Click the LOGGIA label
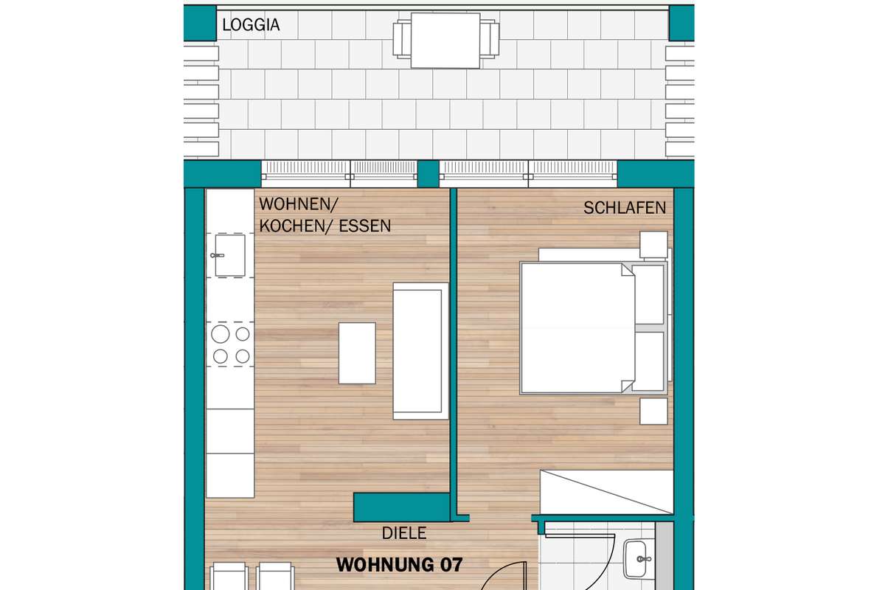coord(251,25)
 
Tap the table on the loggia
coord(445,41)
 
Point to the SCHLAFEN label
coord(625,208)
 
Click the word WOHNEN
coord(296,204)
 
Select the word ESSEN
coord(364,226)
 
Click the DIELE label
coord(404,533)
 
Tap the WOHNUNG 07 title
coord(399,565)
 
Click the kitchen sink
coord(230,255)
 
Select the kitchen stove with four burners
coord(230,344)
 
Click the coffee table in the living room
coord(357,353)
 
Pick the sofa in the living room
coord(421,351)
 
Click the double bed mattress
coord(577,328)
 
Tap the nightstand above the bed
coord(653,245)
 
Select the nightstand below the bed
coord(653,412)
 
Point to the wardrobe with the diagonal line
coord(606,492)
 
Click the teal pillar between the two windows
coord(428,174)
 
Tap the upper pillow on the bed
coord(649,294)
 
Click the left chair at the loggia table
coord(402,39)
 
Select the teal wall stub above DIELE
coord(402,507)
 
